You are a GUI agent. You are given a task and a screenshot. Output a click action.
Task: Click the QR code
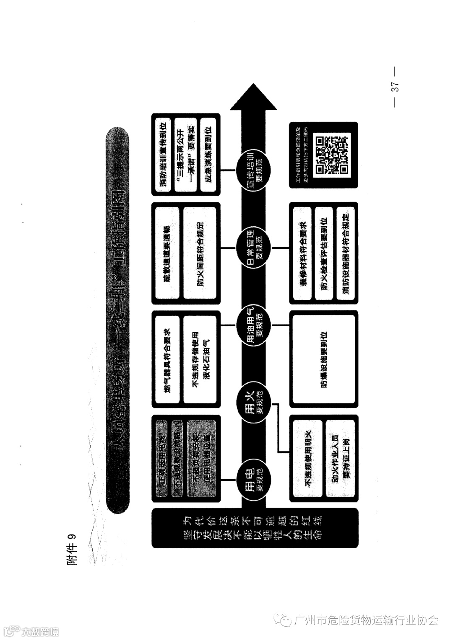(332, 155)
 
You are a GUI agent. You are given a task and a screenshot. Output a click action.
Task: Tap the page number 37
(395, 87)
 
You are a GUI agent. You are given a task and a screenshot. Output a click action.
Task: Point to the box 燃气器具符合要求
(167, 359)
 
